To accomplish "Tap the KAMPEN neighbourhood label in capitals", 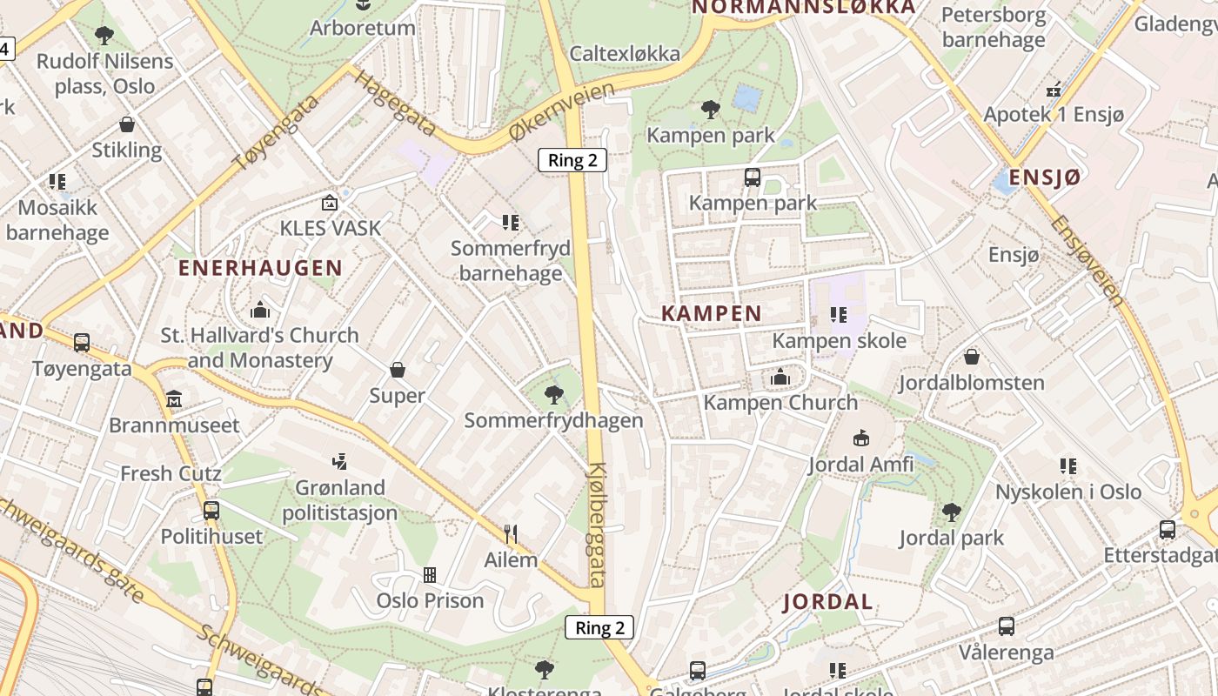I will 711,313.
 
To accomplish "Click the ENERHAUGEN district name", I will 260,268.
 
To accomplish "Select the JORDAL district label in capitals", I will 828,602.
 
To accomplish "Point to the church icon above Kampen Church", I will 780,377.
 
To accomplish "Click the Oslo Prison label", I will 430,600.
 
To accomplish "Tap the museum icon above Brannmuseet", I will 174,399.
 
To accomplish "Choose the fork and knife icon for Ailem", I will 511,533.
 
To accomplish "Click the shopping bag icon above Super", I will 398,370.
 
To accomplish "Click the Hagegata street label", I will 393,103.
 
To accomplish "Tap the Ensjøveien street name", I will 1087,261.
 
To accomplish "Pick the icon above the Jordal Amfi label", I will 860,438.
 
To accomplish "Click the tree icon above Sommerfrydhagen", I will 553,395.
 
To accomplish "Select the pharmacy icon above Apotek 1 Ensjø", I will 1054,89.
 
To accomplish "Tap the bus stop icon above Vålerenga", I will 1006,626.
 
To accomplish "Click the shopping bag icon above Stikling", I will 127,124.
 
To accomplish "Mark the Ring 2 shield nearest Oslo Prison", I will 599,627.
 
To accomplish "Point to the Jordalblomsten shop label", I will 971,383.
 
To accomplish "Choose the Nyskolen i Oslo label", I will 1067,492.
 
